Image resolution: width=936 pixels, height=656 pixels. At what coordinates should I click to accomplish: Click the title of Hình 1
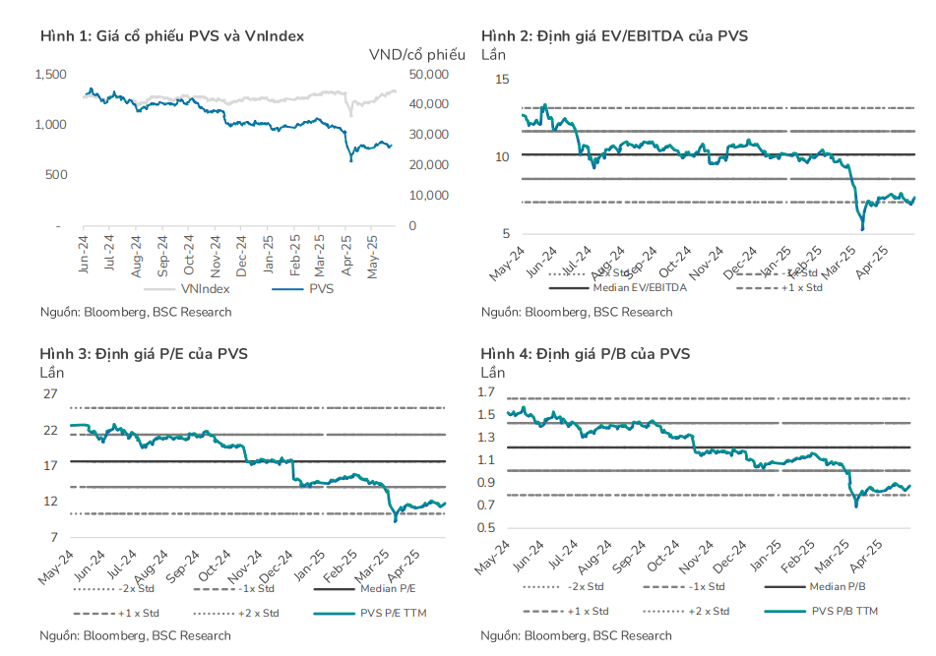coord(172,35)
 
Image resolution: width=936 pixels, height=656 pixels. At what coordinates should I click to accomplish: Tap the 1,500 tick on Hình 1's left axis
coord(50,75)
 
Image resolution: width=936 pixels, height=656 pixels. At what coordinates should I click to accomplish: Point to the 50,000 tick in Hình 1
coord(428,75)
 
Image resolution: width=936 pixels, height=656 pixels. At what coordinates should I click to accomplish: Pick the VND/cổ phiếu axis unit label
coord(416,53)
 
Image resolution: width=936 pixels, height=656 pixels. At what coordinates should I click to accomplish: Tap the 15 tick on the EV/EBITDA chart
coord(502,79)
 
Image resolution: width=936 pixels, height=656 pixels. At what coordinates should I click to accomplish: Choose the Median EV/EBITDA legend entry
coord(639,288)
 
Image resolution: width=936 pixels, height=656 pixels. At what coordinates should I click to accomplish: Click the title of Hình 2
coord(614,35)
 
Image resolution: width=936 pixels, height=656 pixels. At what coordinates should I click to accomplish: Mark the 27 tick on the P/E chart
coord(49,394)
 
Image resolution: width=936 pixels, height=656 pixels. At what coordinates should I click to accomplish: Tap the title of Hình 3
coord(144,353)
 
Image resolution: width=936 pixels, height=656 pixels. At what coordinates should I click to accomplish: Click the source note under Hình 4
coord(577,635)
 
